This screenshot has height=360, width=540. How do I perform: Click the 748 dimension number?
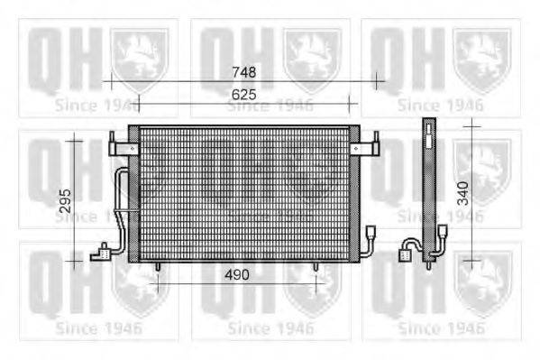243,71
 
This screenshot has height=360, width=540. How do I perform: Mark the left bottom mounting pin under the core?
158,267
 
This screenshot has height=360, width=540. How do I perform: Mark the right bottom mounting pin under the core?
316,267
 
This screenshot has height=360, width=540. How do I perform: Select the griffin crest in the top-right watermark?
484,54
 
